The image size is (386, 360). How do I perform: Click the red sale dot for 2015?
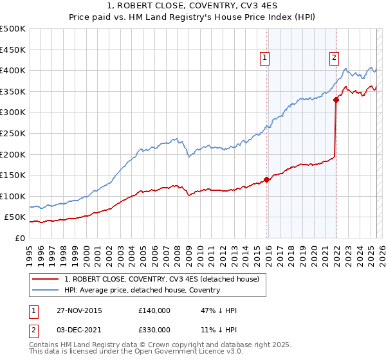(x=267, y=179)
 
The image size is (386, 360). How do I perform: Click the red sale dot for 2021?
(x=336, y=99)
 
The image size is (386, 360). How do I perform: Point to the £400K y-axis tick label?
(x=13, y=70)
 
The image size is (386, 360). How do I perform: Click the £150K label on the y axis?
(x=13, y=175)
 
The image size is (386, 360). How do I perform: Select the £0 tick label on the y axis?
(x=19, y=238)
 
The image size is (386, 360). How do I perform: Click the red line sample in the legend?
(x=46, y=279)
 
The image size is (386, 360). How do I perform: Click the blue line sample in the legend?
(x=46, y=290)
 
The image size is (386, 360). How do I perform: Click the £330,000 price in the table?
(x=154, y=329)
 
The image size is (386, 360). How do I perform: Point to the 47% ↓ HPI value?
(x=219, y=310)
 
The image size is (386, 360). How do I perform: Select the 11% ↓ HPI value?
(x=219, y=329)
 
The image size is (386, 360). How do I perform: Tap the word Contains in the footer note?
(x=44, y=346)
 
